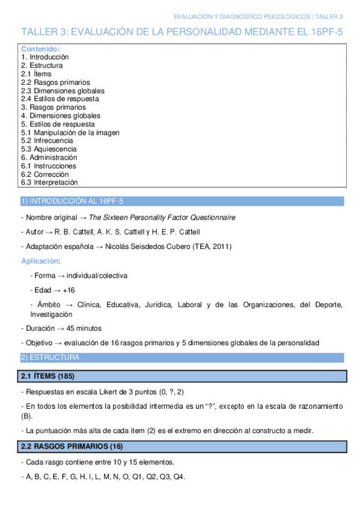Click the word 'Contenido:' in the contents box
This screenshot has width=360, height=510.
pos(40,49)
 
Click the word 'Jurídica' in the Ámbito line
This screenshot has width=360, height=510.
pos(157,305)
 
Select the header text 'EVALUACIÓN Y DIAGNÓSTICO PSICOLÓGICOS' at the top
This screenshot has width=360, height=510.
pos(242,16)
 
